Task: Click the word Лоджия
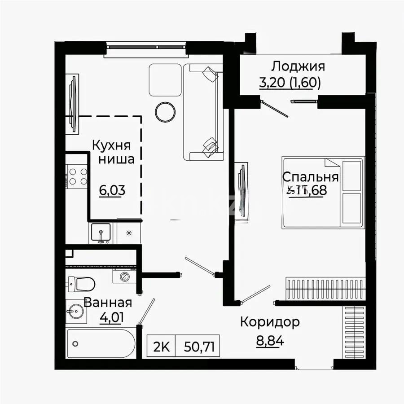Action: pyautogui.click(x=298, y=67)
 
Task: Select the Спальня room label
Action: pyautogui.click(x=310, y=176)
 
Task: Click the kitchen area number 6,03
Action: pyautogui.click(x=112, y=190)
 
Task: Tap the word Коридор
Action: pyautogui.click(x=269, y=322)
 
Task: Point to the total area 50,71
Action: pyautogui.click(x=198, y=347)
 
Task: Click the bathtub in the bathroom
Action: pyautogui.click(x=101, y=343)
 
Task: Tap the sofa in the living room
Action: pyautogui.click(x=203, y=112)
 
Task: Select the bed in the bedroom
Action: pyautogui.click(x=323, y=193)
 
